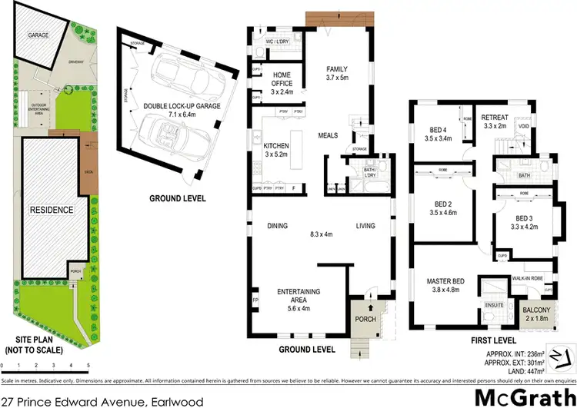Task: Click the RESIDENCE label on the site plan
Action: (51, 209)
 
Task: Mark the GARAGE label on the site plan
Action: (38, 35)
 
